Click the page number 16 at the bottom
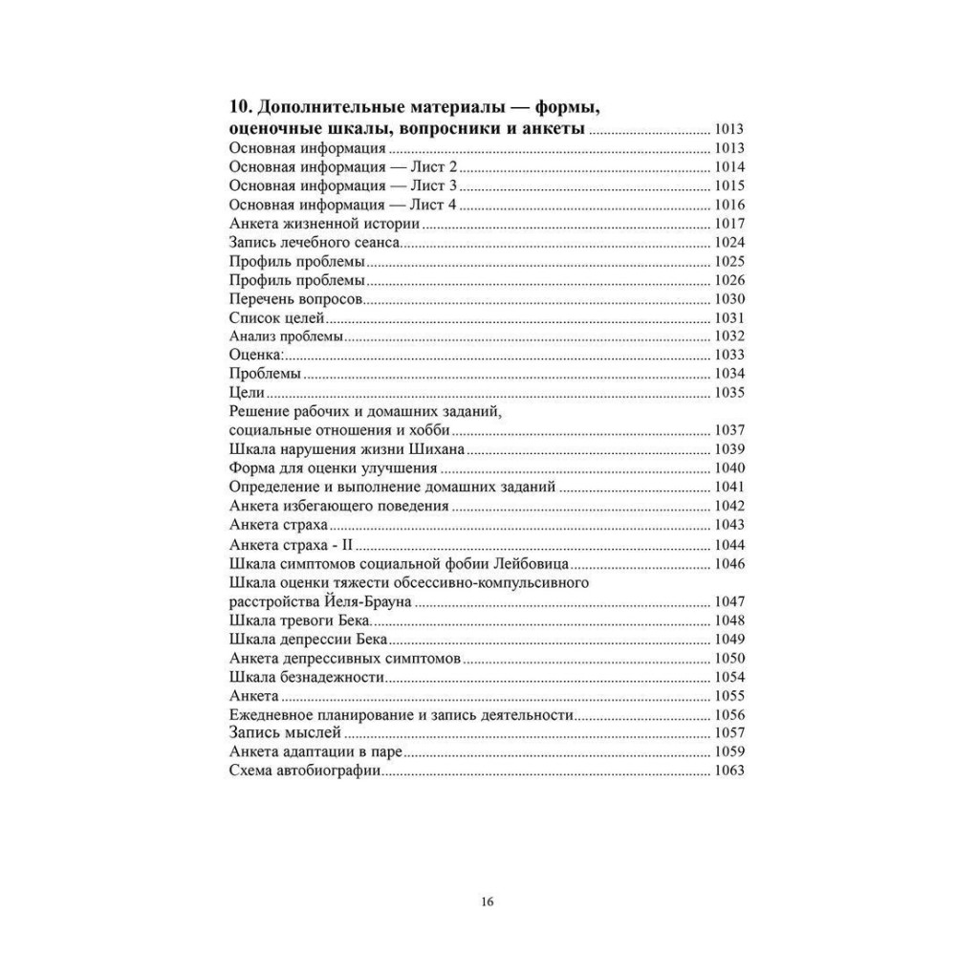[487, 901]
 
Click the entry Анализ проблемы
[287, 337]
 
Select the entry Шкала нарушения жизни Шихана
[347, 449]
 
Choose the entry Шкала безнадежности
[307, 677]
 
